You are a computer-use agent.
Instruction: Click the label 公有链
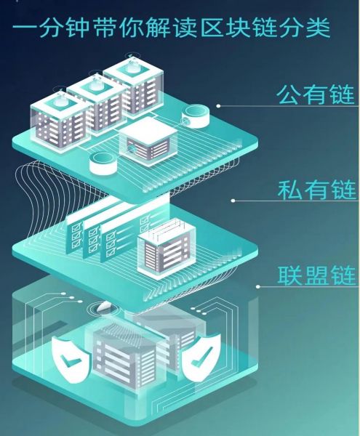[x=316, y=95]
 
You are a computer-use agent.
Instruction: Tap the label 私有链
[x=316, y=190]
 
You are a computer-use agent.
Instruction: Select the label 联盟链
[x=317, y=275]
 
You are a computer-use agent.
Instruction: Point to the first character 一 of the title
[x=25, y=28]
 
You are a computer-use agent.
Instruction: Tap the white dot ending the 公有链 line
[x=219, y=106]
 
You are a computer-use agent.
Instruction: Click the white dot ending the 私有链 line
[x=233, y=201]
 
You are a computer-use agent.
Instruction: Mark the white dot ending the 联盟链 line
[x=258, y=286]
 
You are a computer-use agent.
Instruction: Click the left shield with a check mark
[x=71, y=360]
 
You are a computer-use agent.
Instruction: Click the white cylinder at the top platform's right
[x=196, y=116]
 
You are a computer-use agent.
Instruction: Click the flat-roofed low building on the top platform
[x=148, y=142]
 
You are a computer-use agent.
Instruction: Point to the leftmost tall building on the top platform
[x=60, y=121]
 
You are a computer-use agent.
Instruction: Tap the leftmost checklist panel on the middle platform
[x=75, y=234]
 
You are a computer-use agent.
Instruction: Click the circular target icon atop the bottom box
[x=103, y=308]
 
